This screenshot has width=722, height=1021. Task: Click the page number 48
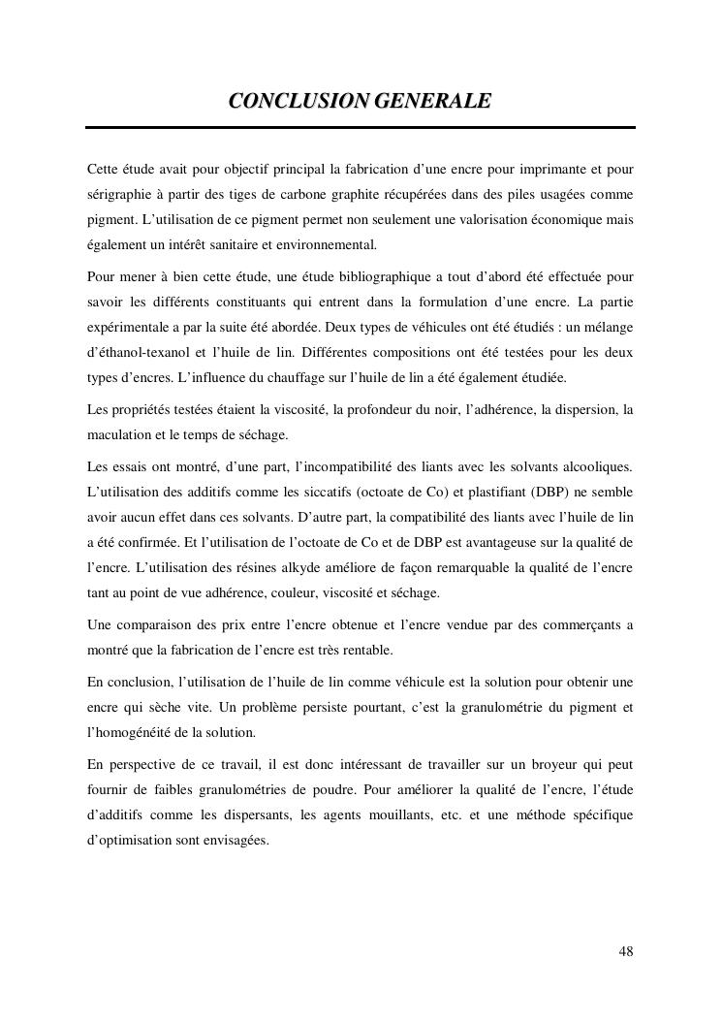(x=626, y=951)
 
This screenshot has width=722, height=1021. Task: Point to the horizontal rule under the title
(x=360, y=127)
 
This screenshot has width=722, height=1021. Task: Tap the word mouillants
(x=400, y=815)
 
